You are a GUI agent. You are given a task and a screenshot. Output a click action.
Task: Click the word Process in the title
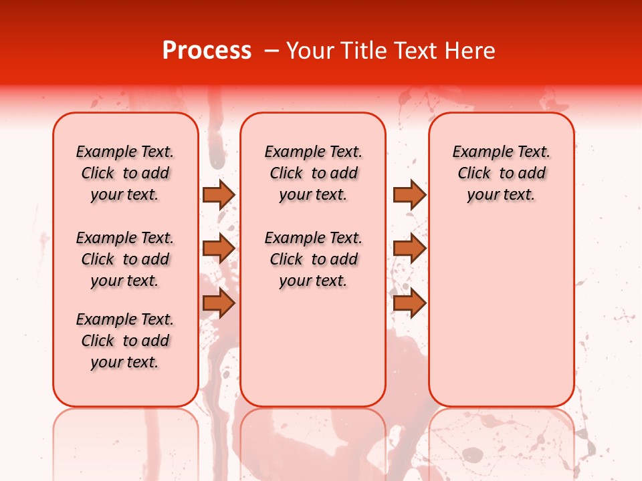click(207, 51)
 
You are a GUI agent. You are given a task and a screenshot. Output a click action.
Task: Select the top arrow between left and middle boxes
click(218, 194)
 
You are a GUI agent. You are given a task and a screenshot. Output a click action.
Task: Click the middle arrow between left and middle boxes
click(218, 249)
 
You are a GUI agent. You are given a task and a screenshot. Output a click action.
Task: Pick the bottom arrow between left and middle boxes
click(218, 303)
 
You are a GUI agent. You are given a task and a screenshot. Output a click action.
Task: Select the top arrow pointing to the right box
click(409, 194)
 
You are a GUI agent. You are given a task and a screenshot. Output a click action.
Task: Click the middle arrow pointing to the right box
click(409, 249)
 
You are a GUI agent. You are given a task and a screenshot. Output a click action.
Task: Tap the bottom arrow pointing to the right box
click(409, 303)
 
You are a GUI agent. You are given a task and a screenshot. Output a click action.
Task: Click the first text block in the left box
click(125, 173)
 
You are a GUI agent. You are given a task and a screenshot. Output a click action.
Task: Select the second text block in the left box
click(125, 259)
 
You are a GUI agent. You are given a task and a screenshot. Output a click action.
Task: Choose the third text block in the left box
click(125, 341)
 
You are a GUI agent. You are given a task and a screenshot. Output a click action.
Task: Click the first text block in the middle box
click(313, 173)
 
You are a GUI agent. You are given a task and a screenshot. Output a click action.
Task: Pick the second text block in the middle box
click(313, 259)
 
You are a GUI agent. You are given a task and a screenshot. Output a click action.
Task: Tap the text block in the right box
click(501, 173)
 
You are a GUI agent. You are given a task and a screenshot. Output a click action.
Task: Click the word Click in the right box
click(474, 174)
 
